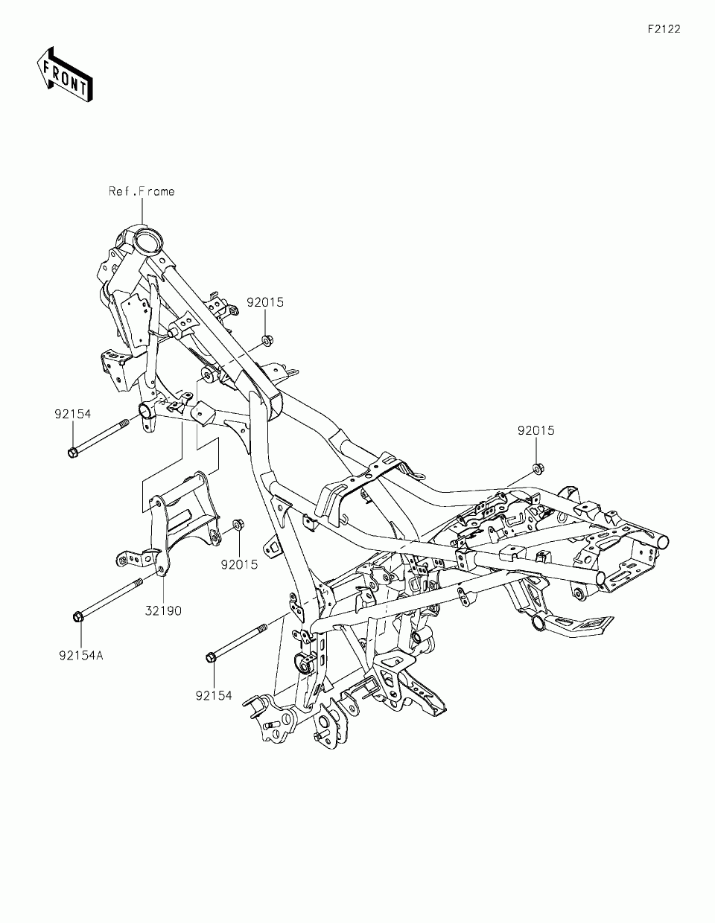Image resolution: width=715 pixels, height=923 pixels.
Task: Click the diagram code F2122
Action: [x=664, y=29]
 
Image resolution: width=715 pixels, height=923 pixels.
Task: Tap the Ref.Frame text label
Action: [x=142, y=191]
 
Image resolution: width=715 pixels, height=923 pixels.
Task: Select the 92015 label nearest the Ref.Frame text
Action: [x=266, y=303]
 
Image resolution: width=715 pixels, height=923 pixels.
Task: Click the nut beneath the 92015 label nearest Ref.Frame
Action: [x=266, y=342]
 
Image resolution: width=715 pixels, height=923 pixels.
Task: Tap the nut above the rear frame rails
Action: [x=536, y=468]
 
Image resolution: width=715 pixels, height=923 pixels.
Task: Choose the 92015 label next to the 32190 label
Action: [x=239, y=564]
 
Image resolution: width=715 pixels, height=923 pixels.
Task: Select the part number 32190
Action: [x=163, y=610]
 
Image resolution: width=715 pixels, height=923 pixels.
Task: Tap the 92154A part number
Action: [x=80, y=656]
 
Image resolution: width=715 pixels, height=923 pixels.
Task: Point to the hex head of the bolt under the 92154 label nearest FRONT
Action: [x=71, y=452]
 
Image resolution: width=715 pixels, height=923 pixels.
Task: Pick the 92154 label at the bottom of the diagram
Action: [x=214, y=696]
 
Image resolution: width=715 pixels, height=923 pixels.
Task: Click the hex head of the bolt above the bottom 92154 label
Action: [x=211, y=656]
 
